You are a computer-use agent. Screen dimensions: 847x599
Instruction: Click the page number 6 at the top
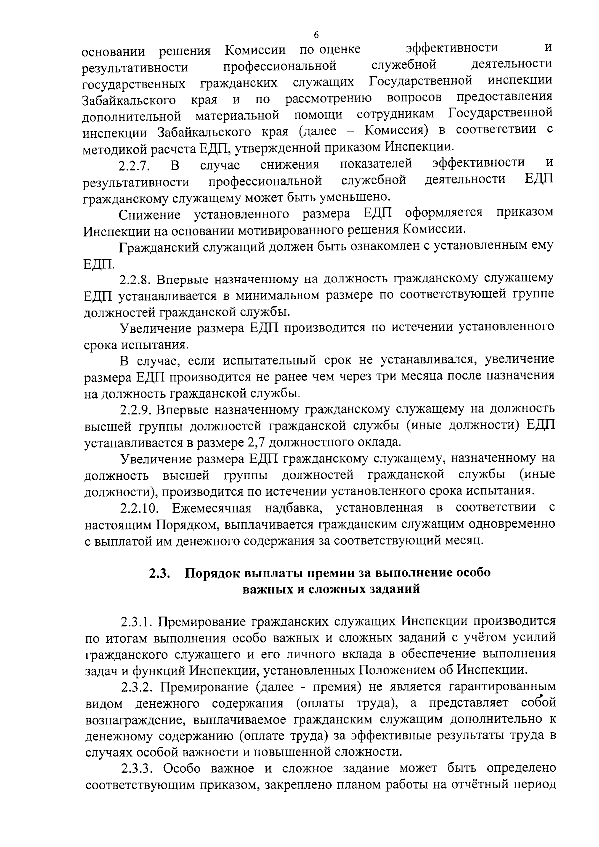click(x=316, y=34)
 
